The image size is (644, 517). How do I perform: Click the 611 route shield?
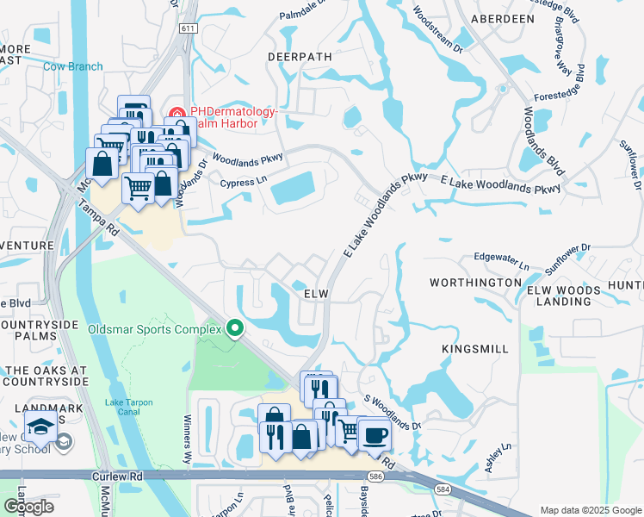(188, 28)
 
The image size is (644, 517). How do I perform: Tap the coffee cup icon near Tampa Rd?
(375, 434)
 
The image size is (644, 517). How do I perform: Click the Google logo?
(28, 507)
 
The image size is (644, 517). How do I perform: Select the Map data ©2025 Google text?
(590, 510)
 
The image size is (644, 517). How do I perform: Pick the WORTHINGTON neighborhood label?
(475, 283)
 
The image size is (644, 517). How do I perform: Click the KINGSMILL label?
(475, 349)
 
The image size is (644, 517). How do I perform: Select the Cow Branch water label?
(73, 66)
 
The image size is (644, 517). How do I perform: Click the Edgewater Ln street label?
(501, 258)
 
